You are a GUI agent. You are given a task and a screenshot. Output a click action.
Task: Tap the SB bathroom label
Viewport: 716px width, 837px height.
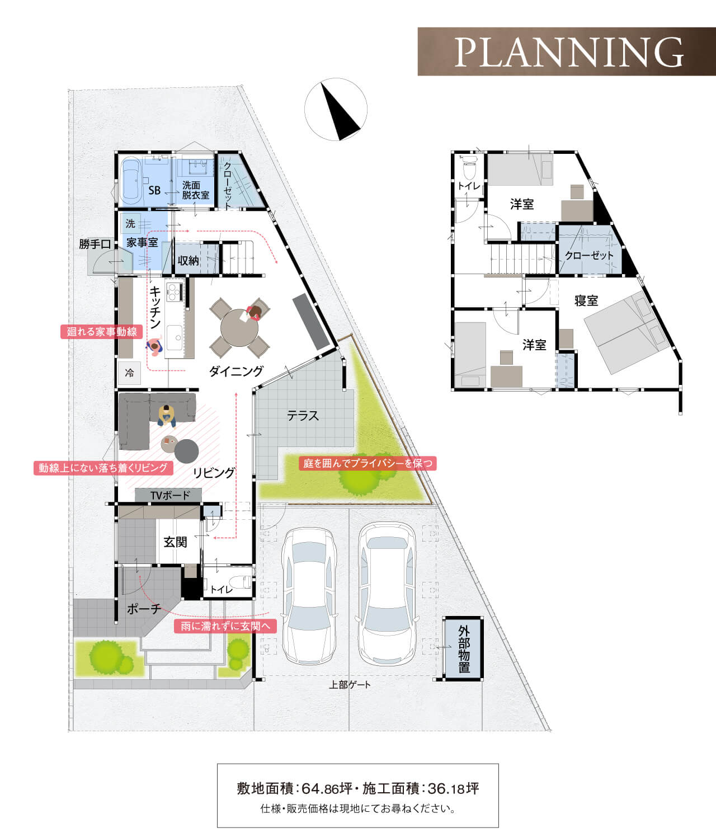coord(154,190)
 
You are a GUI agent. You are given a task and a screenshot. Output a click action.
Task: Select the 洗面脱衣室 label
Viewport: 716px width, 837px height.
coord(195,190)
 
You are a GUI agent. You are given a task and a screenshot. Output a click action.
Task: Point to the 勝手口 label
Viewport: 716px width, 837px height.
coord(95,244)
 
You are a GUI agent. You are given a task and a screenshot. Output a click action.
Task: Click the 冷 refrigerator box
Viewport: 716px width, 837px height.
coord(129,373)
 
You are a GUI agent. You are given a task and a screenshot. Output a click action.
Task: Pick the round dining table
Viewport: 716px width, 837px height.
coord(239,328)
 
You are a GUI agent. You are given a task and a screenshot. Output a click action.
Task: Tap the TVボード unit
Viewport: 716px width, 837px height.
coord(168,495)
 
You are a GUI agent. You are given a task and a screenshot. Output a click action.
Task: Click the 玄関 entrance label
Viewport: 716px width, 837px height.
coord(175,542)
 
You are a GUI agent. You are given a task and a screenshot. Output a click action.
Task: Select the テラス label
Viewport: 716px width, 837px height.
coord(303,416)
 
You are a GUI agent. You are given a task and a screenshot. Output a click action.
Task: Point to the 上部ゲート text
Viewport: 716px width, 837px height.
coord(350,685)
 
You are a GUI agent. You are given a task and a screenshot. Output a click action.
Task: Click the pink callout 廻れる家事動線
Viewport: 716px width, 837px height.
coord(102,332)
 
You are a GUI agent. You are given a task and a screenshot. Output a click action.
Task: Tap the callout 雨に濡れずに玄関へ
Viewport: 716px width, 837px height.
coord(225,626)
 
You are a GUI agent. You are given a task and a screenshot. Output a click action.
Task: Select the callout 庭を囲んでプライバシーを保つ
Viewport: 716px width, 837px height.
coord(368,463)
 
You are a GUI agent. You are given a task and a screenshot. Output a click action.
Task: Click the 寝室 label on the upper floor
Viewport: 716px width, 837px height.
coord(586,300)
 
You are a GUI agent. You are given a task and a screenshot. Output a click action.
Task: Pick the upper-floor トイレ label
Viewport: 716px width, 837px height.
coord(469,186)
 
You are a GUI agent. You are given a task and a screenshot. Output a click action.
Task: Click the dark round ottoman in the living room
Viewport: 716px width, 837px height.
coord(187,451)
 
